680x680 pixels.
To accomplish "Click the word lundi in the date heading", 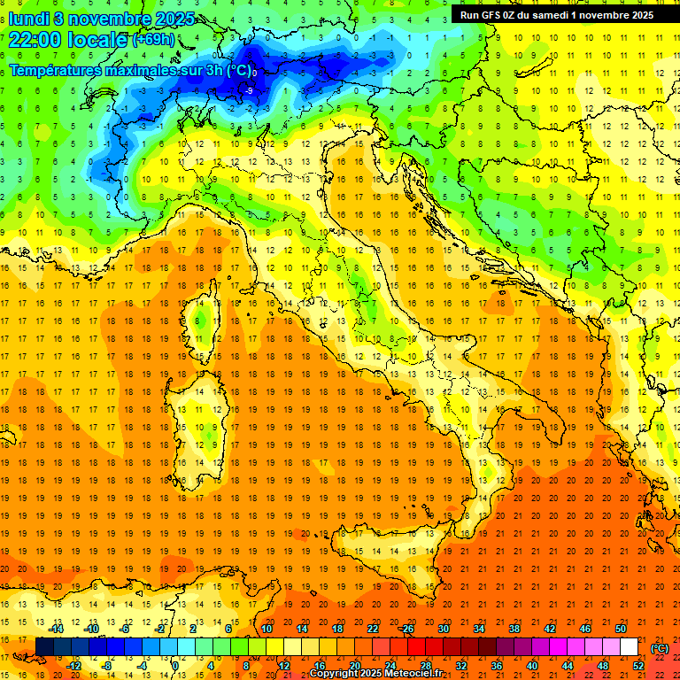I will click(x=28, y=19).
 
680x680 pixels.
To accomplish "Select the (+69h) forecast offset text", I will click(x=153, y=40).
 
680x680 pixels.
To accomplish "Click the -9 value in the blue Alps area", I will click(x=249, y=90).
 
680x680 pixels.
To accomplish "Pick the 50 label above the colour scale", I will click(x=620, y=629).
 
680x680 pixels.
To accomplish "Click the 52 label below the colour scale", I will click(x=638, y=665).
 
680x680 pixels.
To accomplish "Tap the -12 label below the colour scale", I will click(x=73, y=665).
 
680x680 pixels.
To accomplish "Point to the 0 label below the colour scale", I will click(x=175, y=665).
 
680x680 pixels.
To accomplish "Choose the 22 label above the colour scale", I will click(x=373, y=629).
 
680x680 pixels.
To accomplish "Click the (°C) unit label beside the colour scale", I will click(x=660, y=648).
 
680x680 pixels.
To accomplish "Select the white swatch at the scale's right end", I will click(x=630, y=647).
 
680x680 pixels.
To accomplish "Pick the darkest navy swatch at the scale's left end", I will click(x=44, y=647).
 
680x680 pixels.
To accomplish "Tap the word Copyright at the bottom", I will click(x=335, y=674).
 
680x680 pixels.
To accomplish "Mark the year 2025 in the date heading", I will click(x=166, y=19).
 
